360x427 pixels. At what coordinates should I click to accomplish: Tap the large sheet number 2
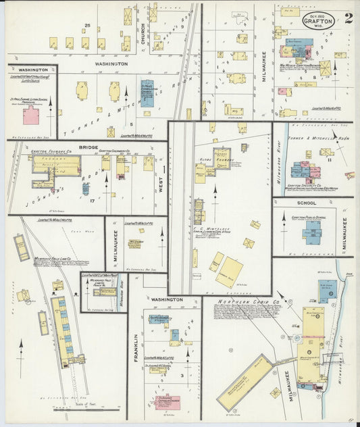348,18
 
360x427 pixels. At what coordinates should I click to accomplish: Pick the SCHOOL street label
306,202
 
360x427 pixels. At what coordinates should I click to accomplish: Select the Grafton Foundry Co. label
47,153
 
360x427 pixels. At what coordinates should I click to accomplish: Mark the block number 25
86,25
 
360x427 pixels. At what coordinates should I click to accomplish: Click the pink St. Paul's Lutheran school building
31,114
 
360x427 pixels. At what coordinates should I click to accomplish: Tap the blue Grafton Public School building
311,232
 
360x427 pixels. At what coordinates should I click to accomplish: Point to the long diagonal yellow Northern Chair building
244,382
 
